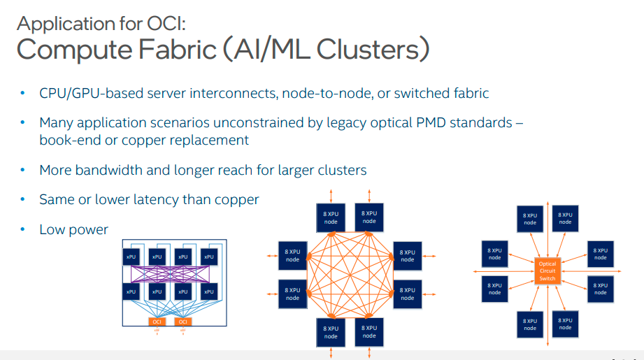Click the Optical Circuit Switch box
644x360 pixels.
[547, 271]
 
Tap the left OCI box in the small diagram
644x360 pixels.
[157, 322]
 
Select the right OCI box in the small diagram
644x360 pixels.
[183, 322]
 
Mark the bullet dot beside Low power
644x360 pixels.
[23, 229]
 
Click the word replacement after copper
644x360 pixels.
[213, 140]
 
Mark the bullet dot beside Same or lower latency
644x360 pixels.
[23, 200]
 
